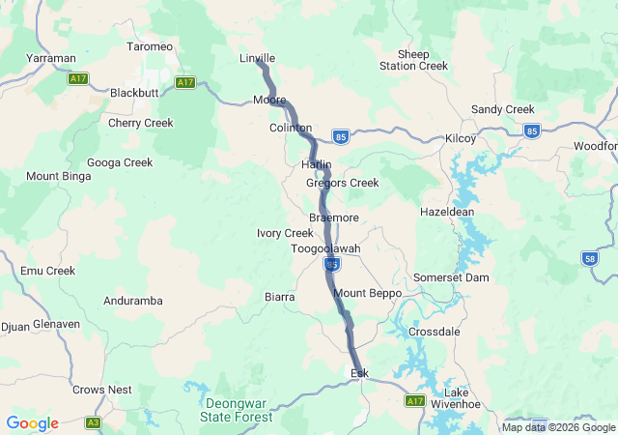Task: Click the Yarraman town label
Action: click(x=51, y=58)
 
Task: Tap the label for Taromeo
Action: click(x=150, y=46)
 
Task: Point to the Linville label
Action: click(x=257, y=58)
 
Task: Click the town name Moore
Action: click(x=268, y=100)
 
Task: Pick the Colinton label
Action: click(x=291, y=128)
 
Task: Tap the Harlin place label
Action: click(x=317, y=164)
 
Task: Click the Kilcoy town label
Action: click(x=461, y=138)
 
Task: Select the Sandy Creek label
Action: click(x=502, y=109)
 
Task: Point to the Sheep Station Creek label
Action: click(x=414, y=60)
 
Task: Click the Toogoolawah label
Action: click(x=325, y=248)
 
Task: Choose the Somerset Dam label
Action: click(x=451, y=277)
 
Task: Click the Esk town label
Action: click(x=359, y=372)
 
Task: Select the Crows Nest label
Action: click(x=101, y=390)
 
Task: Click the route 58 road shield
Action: click(x=590, y=258)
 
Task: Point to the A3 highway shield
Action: click(x=93, y=422)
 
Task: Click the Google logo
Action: click(x=32, y=423)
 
